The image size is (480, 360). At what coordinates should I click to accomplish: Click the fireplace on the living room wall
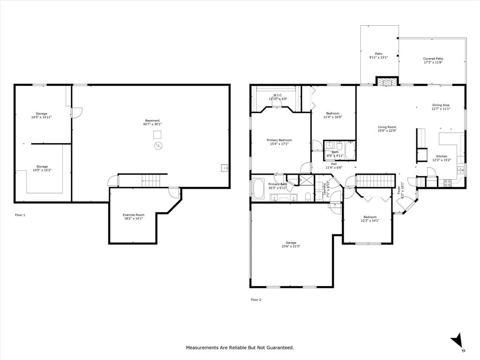[x=387, y=82]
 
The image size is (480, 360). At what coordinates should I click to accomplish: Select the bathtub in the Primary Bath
[x=259, y=188]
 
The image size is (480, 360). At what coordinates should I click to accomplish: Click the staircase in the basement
[x=150, y=179]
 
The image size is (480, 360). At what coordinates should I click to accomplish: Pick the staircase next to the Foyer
[x=374, y=180]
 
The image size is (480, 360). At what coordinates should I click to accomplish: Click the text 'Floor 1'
[x=20, y=215]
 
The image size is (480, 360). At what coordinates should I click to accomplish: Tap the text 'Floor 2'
[x=255, y=300]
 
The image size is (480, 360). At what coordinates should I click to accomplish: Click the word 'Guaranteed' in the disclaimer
[x=280, y=348]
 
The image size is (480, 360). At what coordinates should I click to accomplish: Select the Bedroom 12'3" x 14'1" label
[x=369, y=218]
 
